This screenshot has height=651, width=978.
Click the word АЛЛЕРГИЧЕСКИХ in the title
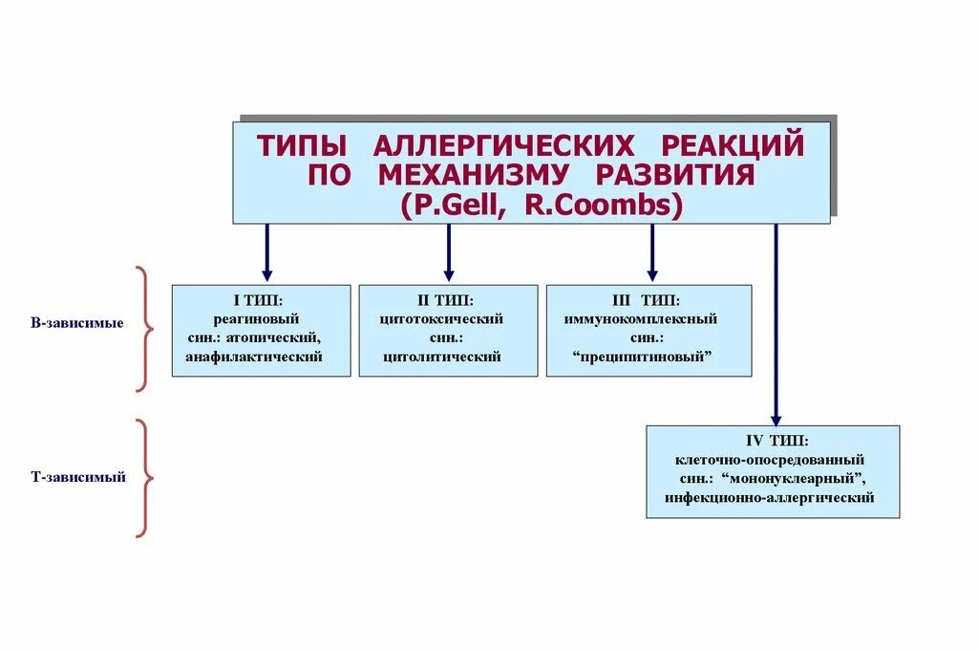point(502,146)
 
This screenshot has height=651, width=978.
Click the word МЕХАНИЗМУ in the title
point(474,176)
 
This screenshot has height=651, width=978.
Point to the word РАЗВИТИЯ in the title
point(675,176)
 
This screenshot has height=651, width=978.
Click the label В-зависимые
point(77,323)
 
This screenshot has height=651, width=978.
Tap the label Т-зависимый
point(78,477)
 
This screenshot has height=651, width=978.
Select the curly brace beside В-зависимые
point(143,329)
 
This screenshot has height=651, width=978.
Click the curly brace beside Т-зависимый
point(143,478)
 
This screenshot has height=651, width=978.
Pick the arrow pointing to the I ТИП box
point(266,252)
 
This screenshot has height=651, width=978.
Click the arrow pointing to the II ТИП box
point(448,252)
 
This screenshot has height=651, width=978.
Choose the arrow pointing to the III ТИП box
point(652,252)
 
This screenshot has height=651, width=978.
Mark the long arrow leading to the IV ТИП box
point(776,325)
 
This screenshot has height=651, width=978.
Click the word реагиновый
point(261,318)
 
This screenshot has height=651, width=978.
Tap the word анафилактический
point(254,357)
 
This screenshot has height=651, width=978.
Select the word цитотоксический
point(441,318)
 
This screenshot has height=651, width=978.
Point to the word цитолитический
point(442,357)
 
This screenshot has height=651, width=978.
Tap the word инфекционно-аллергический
point(772,498)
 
